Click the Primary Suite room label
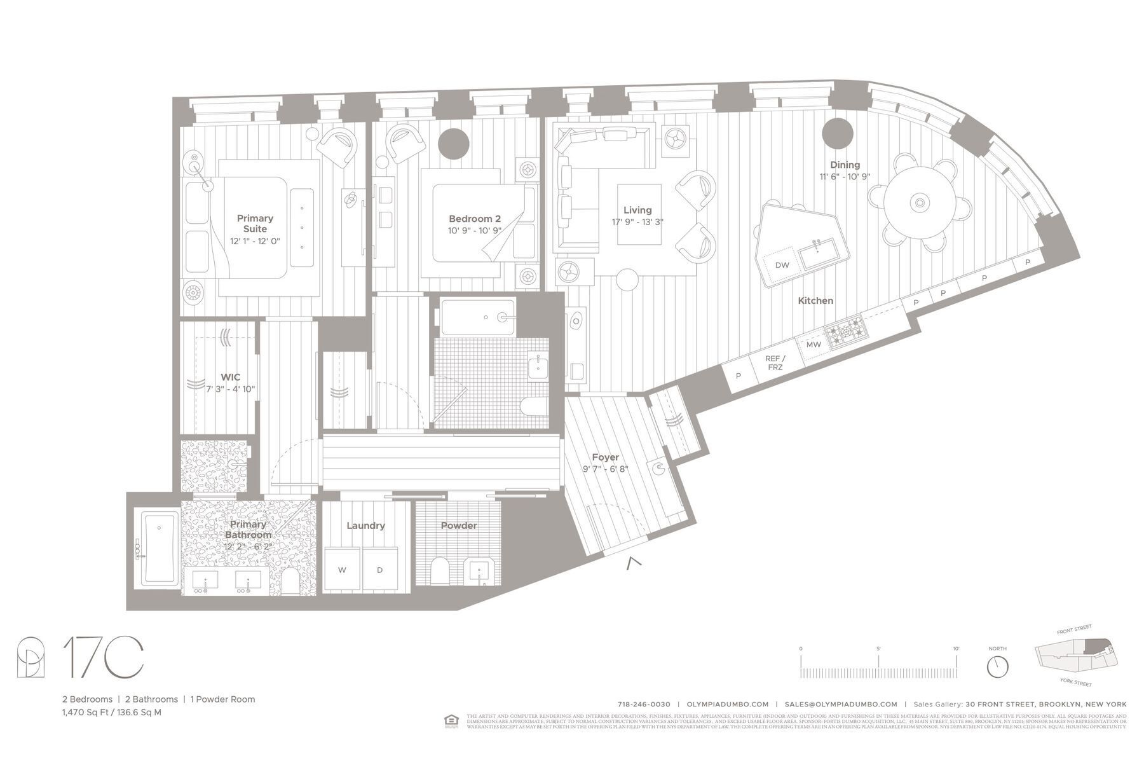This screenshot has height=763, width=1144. coord(255,223)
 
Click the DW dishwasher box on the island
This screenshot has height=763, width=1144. coord(782,265)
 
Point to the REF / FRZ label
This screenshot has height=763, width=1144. coord(775,363)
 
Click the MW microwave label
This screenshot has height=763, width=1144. coord(814,345)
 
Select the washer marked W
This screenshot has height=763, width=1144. coord(342,569)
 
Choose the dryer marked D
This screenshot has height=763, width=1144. coord(380,569)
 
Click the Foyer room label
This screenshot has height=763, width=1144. coord(605,457)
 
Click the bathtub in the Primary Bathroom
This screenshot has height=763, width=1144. coord(158,549)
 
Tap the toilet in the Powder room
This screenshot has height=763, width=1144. coord(440,570)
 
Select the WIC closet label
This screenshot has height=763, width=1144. coord(230,377)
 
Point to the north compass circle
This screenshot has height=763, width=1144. coord(997,667)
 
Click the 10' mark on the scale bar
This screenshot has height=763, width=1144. coord(956,649)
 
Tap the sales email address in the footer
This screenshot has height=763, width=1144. coord(841,704)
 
